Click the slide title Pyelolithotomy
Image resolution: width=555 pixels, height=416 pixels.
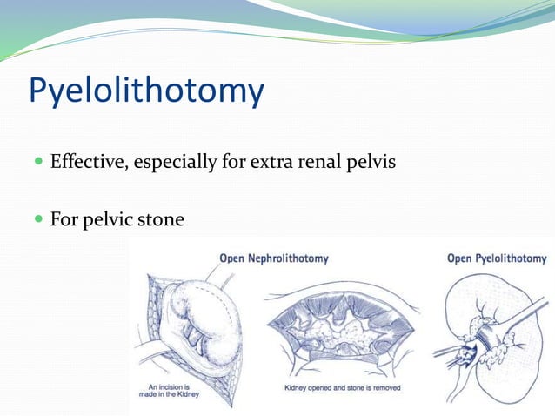pos(146,91)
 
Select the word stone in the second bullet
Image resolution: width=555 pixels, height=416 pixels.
pos(161,219)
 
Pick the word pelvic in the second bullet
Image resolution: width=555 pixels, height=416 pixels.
pos(108,219)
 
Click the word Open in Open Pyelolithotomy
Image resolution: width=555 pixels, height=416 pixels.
pos(459,258)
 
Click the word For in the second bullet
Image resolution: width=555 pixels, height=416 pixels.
pos(64,219)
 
